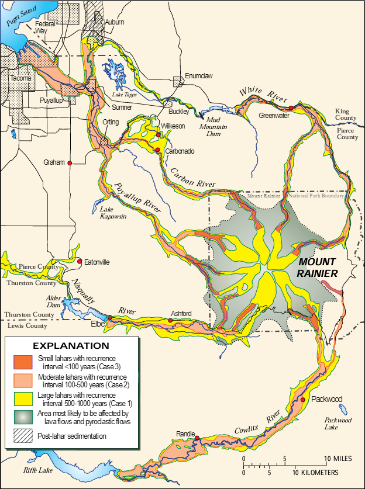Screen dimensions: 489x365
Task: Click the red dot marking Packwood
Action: click(303, 400)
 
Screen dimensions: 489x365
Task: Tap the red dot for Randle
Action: click(197, 438)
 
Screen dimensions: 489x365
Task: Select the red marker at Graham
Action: click(70, 163)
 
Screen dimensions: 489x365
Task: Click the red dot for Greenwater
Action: click(291, 108)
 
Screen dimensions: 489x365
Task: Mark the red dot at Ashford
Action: click(170, 320)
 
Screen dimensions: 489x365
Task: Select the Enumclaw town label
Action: click(197, 75)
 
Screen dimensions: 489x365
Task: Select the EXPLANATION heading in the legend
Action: click(70, 345)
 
